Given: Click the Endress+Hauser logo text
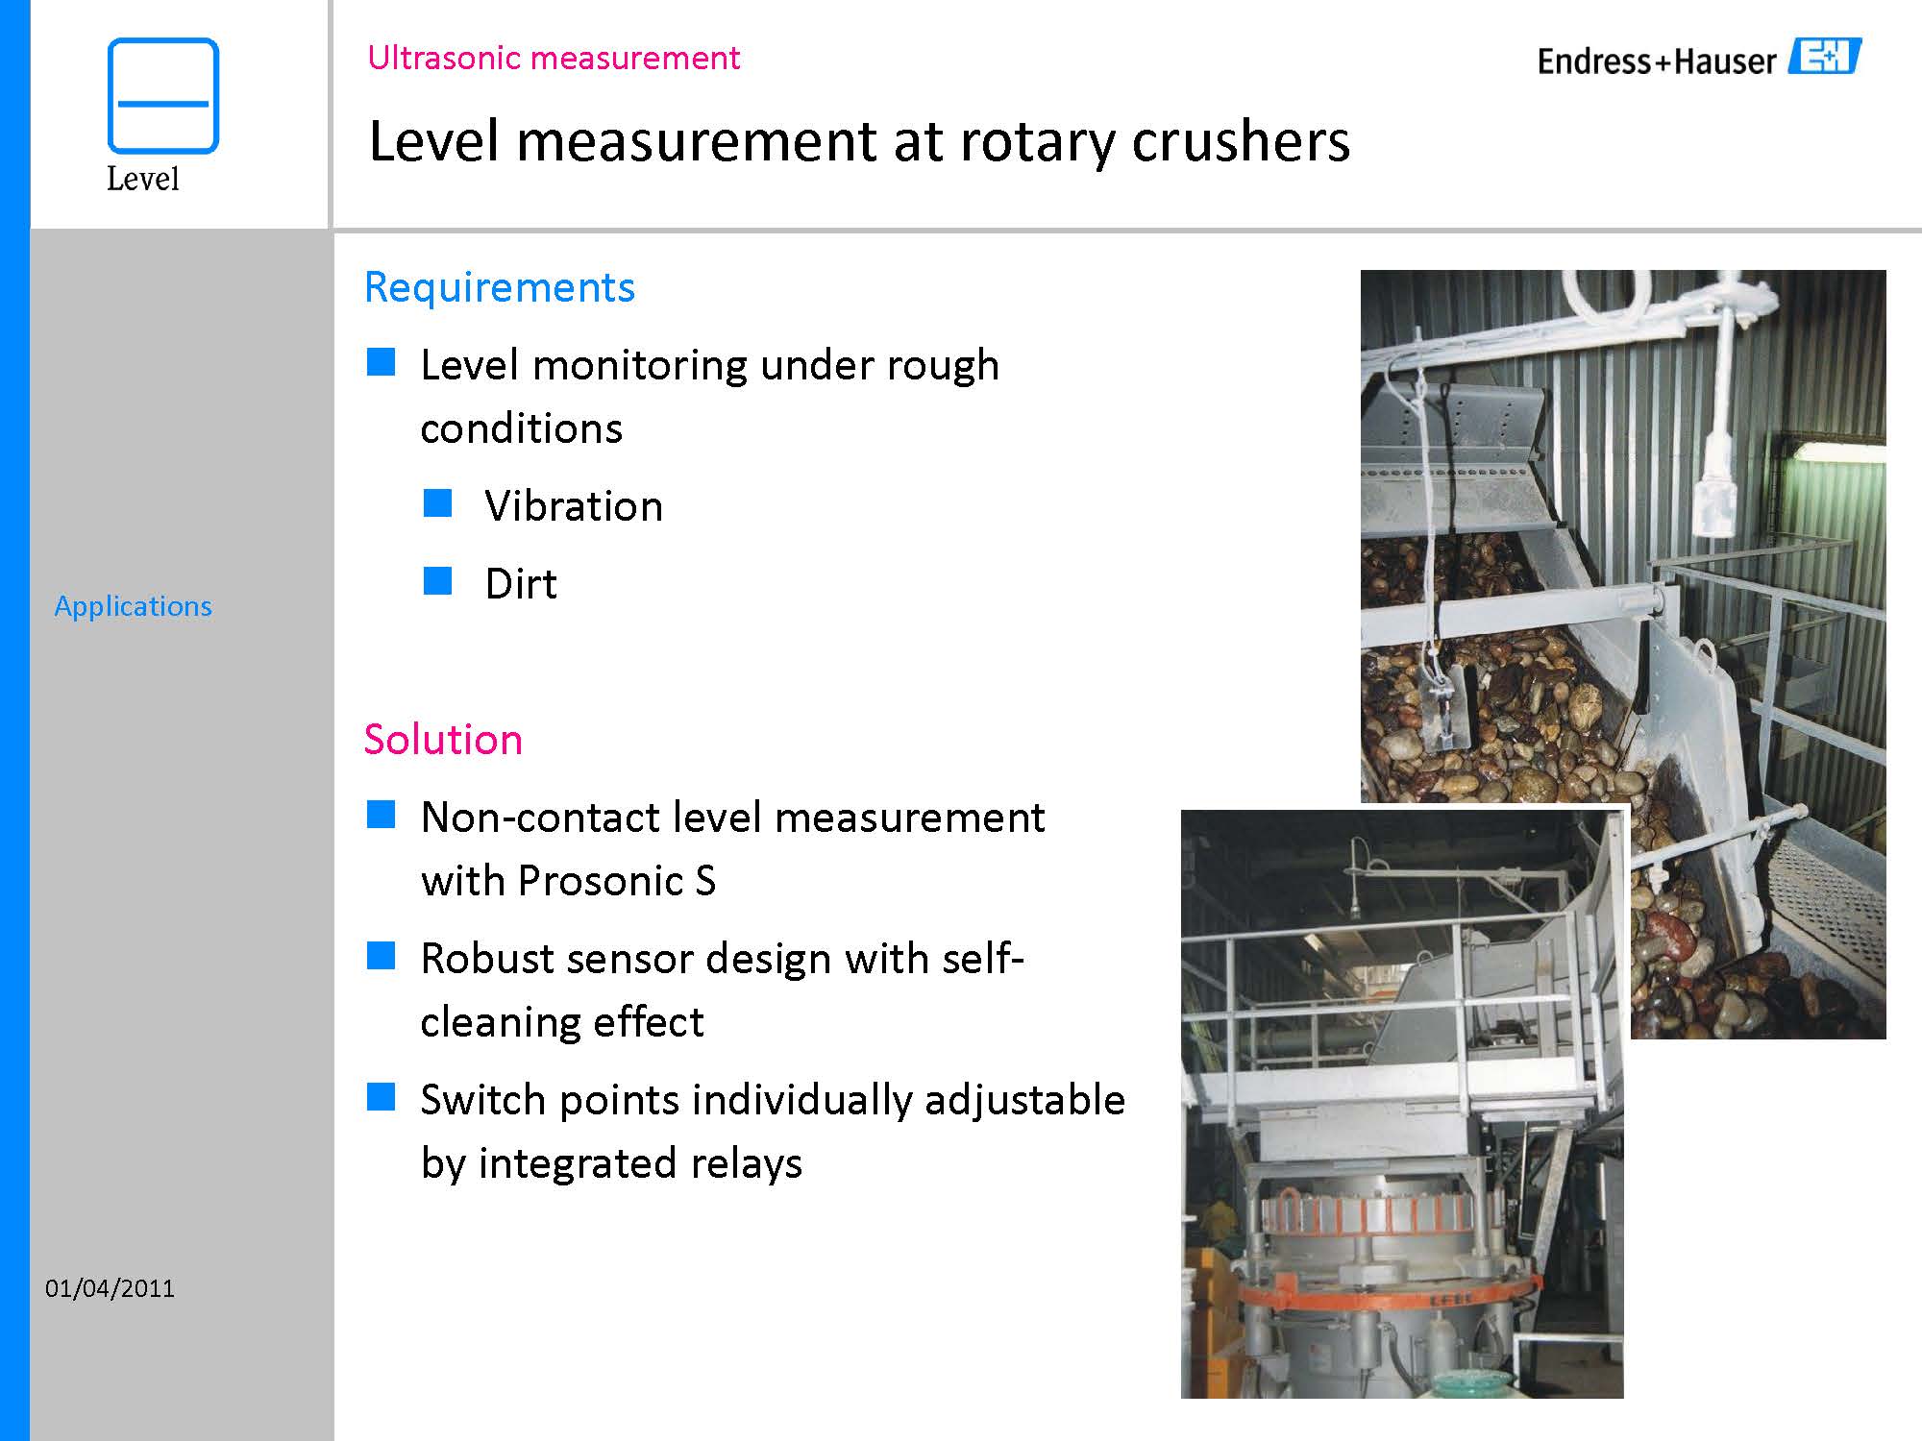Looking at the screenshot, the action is pos(1657,61).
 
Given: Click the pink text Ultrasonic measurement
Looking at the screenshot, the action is pos(554,59).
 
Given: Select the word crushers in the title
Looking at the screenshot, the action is pos(1241,141).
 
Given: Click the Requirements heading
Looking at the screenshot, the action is pos(500,287).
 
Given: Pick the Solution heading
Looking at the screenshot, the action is pos(443,740).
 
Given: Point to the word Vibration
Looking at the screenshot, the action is pos(574,506).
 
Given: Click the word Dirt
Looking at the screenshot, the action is pos(521,584).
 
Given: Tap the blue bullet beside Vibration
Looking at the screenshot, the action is pos(437,503).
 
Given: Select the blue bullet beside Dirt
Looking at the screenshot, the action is pos(437,581).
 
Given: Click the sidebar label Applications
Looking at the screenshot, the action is pos(133,606).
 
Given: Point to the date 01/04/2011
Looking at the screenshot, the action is pos(110,1288).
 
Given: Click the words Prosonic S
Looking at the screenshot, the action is pos(617,881).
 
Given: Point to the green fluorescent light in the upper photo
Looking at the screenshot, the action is pos(1836,451).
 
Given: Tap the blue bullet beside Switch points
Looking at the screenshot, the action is pos(382,1097).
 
